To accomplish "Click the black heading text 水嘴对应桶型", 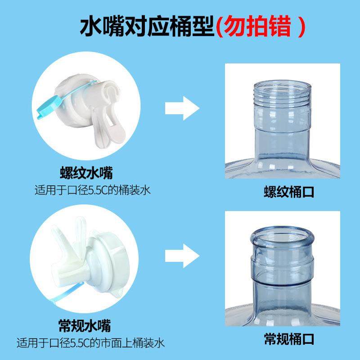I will click(x=146, y=27).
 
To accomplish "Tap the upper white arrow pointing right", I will click(x=182, y=108).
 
